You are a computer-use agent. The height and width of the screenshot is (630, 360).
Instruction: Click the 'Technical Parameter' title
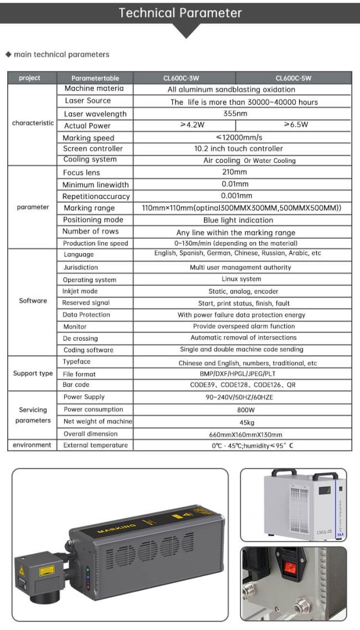(180, 13)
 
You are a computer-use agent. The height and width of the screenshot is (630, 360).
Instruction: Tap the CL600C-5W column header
(293, 78)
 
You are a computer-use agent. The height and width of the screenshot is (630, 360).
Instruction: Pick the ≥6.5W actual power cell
(295, 125)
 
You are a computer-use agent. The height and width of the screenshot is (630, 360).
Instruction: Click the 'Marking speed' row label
(89, 138)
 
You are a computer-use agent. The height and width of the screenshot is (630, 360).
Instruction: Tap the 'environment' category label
(32, 445)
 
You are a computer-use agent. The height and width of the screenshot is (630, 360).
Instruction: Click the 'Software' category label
(33, 301)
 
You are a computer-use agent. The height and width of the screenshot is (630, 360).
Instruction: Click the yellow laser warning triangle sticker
(22, 570)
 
